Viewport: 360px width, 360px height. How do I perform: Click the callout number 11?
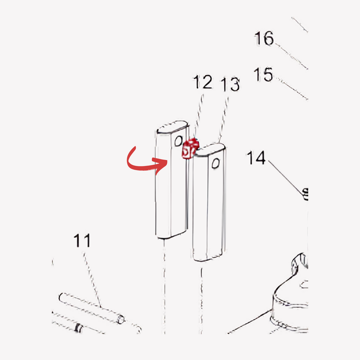coord(82,240)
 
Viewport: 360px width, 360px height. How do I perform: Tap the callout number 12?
coord(202,82)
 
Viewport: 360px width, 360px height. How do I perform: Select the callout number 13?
coord(230,84)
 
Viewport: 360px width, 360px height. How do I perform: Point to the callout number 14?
coord(256,158)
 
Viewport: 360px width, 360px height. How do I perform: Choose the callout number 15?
coord(263,75)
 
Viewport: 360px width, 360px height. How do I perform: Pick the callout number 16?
coord(264,38)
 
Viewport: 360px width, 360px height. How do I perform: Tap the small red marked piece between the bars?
coord(190,149)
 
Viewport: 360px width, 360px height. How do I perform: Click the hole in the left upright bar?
coord(178,141)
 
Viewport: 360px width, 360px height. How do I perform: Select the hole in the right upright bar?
coord(216,163)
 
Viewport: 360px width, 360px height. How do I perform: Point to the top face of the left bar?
coord(173,127)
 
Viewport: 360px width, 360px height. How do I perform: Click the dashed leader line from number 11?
coord(92,280)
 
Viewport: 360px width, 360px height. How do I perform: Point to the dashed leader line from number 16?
coord(291,56)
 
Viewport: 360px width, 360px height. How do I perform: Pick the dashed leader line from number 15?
coord(292,89)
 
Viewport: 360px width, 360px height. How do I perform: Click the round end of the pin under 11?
coord(121,319)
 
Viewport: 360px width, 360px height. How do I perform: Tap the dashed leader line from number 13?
coord(224,120)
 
